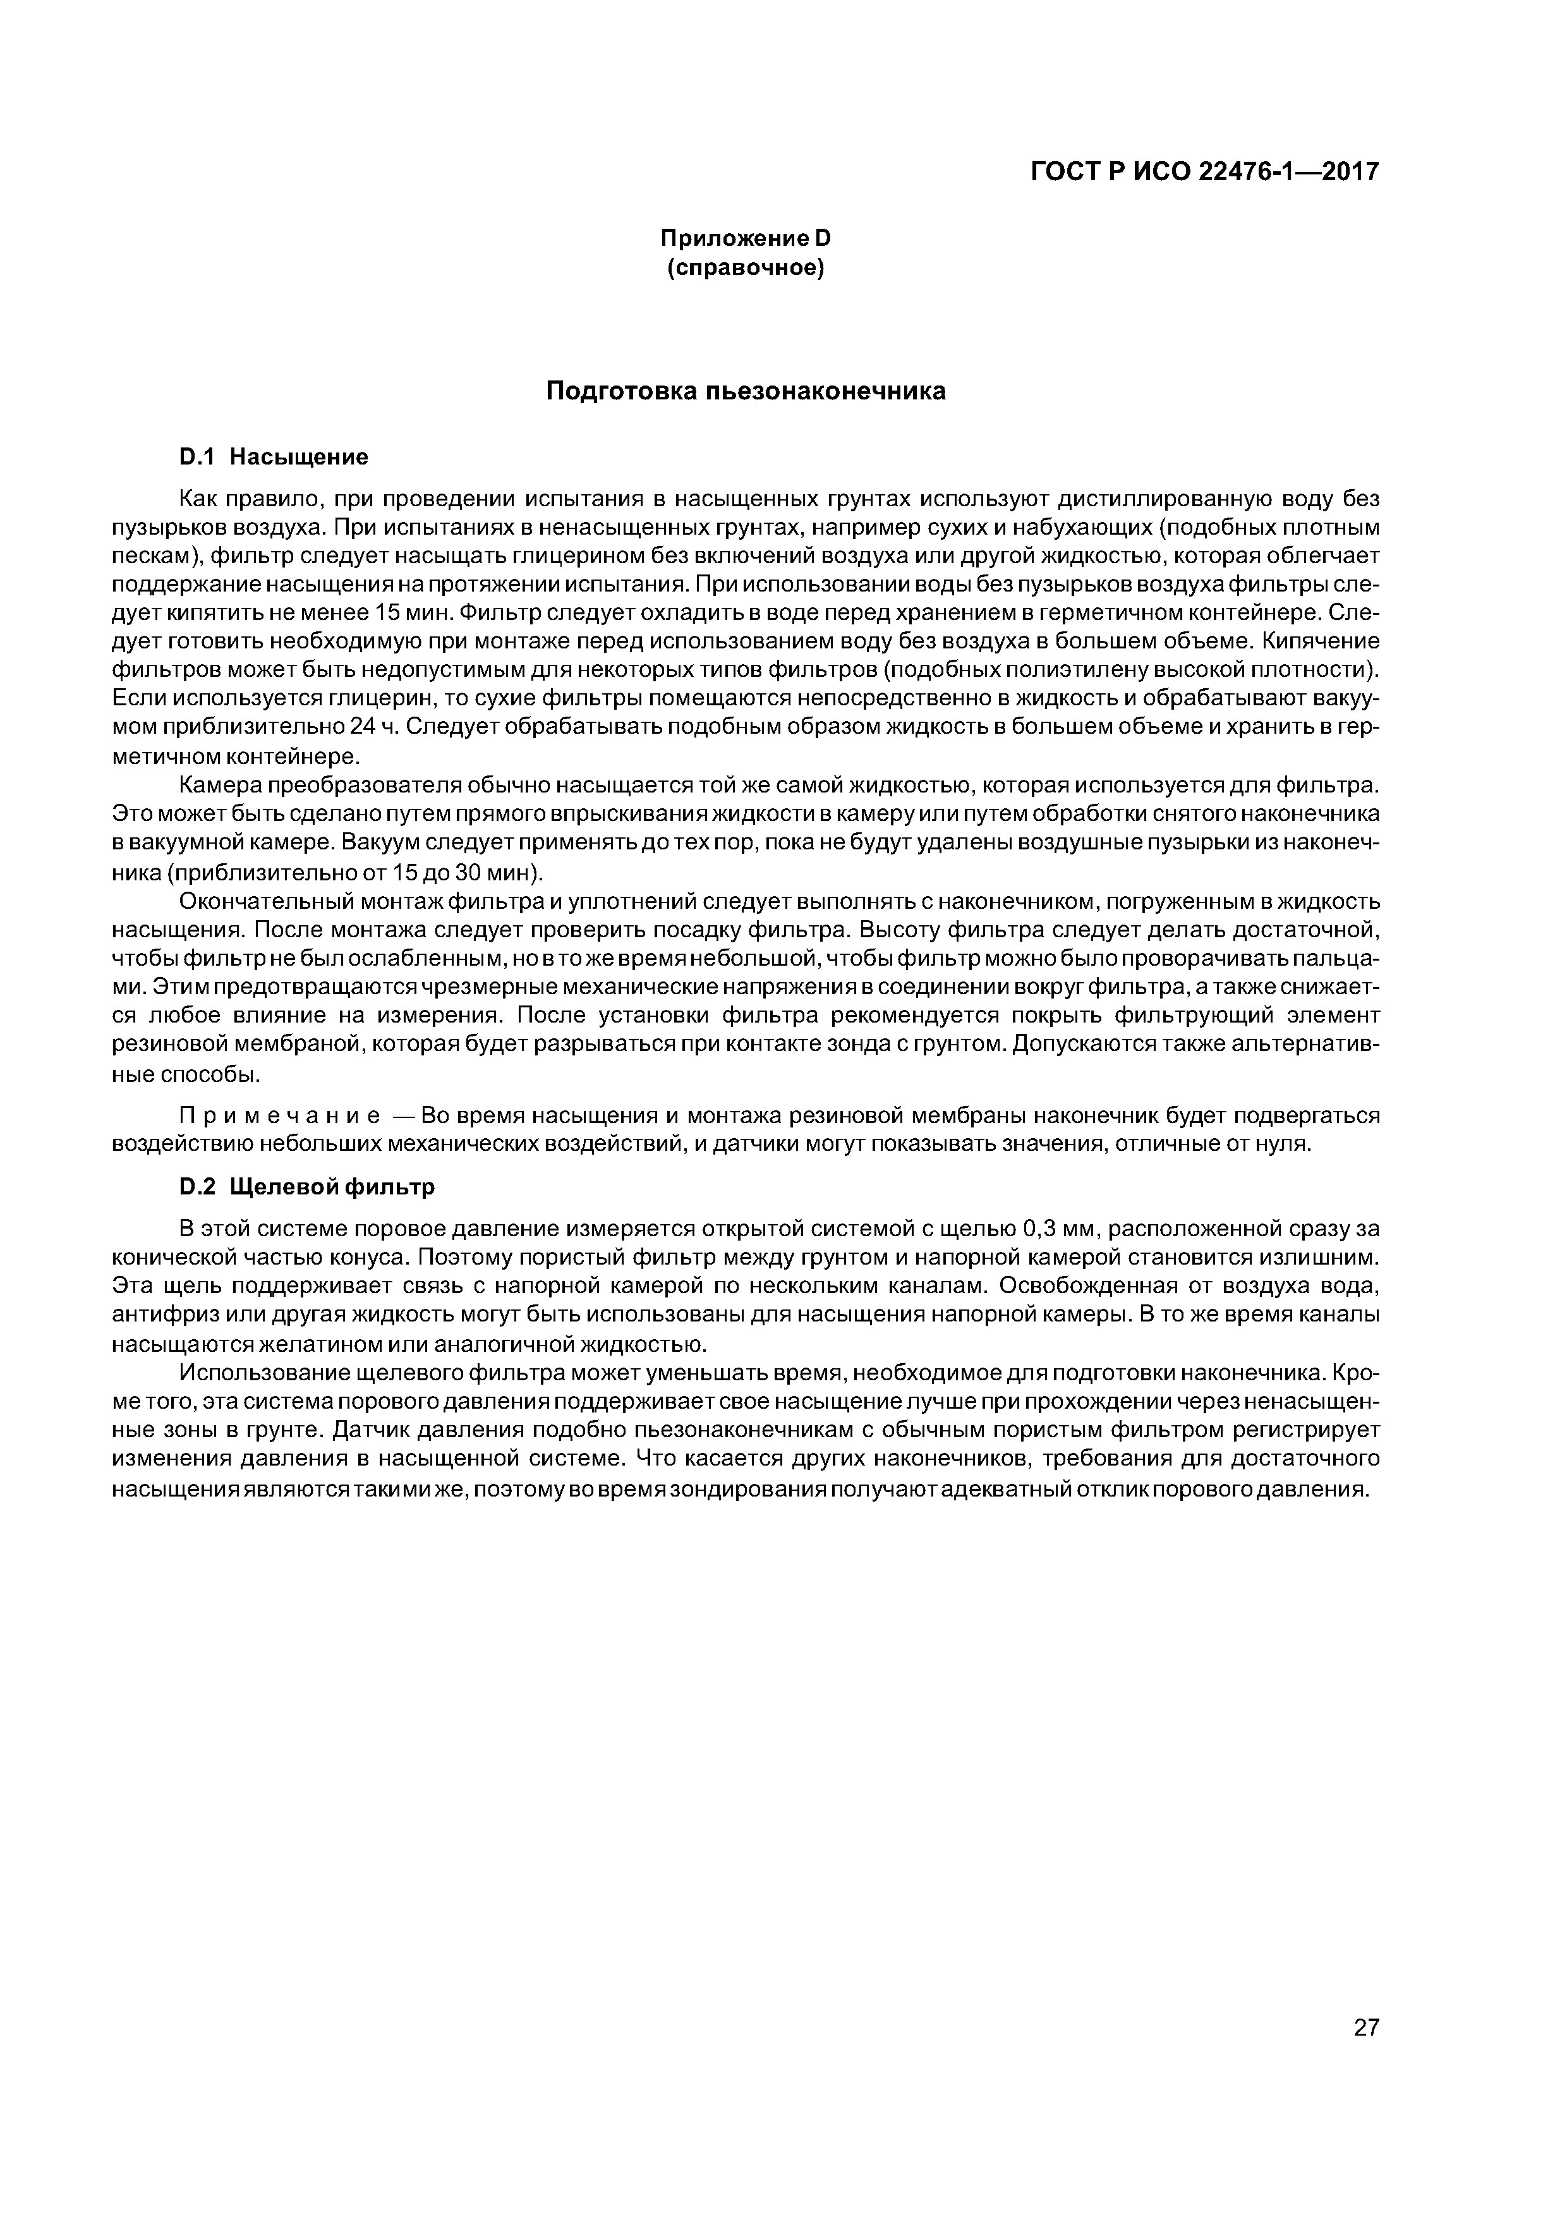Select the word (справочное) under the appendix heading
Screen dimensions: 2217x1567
pyautogui.click(x=746, y=267)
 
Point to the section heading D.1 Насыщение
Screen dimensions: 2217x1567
pyautogui.click(x=273, y=456)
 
